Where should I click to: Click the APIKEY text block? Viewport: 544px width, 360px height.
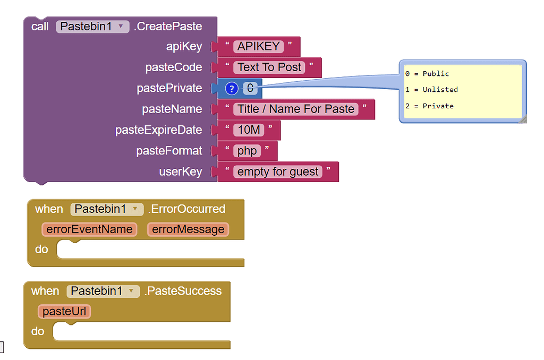coord(258,47)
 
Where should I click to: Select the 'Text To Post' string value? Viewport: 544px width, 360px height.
coord(269,67)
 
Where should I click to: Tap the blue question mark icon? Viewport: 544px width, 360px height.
coord(231,89)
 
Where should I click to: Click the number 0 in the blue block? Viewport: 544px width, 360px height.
coord(250,88)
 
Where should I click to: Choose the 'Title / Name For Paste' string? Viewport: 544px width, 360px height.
coord(295,109)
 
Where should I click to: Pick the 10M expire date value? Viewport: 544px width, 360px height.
coord(248,130)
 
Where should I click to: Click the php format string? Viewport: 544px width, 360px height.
coord(247,151)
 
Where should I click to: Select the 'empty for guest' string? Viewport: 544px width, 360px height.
coord(278,172)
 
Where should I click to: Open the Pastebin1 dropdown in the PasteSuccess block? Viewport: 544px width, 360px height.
coord(131,291)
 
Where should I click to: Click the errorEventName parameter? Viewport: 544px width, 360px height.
coord(89,229)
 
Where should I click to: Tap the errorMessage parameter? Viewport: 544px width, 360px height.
coord(188,229)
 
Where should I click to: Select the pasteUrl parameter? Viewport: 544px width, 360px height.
coord(64,311)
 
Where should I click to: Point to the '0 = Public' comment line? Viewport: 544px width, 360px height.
coord(427,74)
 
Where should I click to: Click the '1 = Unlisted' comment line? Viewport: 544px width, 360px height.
coord(431,90)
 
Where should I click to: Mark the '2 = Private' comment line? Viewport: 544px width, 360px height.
coord(429,106)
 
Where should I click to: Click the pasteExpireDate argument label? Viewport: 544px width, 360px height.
coord(158,130)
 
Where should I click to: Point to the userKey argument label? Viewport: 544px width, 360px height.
coord(181,172)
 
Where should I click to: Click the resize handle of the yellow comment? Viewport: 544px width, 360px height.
coord(523,120)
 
